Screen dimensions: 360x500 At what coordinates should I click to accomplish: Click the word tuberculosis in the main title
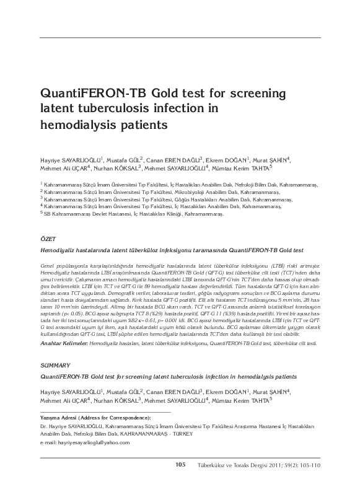click(118, 109)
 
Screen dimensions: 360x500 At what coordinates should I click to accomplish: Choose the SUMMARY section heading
click(54, 366)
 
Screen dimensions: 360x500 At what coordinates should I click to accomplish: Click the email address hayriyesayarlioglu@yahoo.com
click(80, 443)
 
